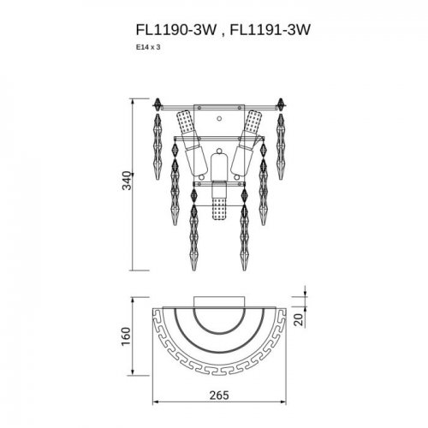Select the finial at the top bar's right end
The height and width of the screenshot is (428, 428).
[280, 107]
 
